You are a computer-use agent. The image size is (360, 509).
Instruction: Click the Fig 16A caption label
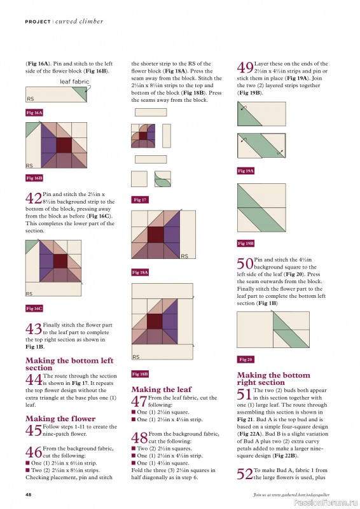tap(34, 113)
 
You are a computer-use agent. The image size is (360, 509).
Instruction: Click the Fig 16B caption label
tap(34, 178)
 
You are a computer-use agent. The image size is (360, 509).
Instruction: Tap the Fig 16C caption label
tap(34, 308)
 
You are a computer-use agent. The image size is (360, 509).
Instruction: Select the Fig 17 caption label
tap(140, 200)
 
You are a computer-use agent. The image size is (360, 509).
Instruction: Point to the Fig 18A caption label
tap(141, 272)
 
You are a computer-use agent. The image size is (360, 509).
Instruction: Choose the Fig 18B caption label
tap(141, 373)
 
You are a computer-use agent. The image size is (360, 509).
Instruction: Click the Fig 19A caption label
tap(246, 171)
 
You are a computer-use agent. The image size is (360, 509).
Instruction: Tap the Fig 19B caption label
tap(246, 243)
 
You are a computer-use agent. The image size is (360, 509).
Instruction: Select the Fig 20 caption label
tap(245, 359)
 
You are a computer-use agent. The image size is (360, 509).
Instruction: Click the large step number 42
tap(34, 199)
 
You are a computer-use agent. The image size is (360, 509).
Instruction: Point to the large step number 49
tap(245, 68)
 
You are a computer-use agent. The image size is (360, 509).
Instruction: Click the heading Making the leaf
tap(161, 389)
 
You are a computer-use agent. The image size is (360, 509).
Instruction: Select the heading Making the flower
tap(60, 418)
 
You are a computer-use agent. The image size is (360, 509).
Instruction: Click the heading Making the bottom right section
tap(273, 379)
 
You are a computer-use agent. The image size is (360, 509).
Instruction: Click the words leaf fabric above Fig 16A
tap(74, 82)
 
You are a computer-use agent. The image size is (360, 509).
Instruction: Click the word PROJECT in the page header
tap(38, 21)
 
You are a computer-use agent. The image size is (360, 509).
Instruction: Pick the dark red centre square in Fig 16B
tap(64, 144)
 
